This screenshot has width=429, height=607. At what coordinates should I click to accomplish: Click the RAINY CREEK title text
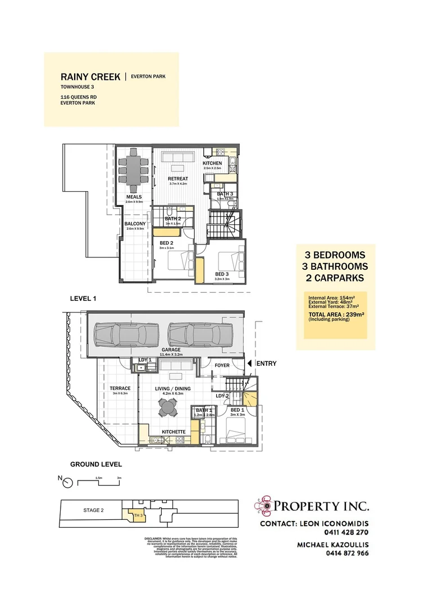point(90,77)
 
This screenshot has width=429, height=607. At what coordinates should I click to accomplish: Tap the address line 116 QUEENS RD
point(78,97)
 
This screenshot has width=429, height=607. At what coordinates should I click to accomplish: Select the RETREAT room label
point(178,179)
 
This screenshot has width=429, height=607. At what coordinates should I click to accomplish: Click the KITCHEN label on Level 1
point(212,163)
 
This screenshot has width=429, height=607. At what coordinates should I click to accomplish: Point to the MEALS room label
point(134,197)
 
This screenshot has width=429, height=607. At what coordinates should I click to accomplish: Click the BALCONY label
point(135,224)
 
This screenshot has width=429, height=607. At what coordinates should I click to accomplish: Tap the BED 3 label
point(222,274)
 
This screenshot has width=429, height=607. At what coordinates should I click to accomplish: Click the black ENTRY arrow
point(250,364)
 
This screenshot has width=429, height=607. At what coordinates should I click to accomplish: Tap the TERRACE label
point(120,388)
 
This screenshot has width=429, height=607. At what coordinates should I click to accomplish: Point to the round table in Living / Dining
point(167,410)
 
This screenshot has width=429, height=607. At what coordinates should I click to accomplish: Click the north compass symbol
point(67,482)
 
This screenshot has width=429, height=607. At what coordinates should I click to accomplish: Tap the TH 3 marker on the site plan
point(136,514)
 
